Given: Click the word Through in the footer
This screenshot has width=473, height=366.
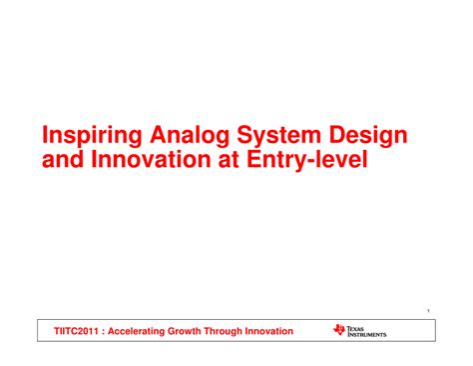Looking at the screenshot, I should [238, 331].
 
